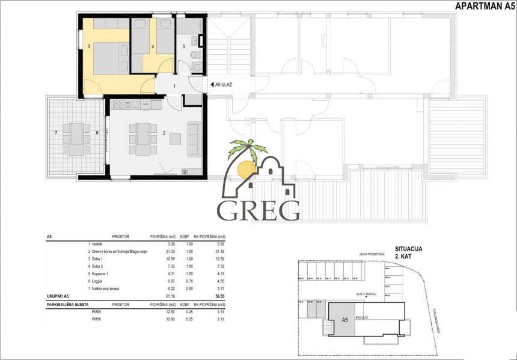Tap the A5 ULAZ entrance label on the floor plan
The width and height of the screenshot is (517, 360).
[x=223, y=85]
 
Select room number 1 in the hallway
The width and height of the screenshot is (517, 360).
[x=174, y=87]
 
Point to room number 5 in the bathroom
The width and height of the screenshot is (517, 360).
[x=185, y=46]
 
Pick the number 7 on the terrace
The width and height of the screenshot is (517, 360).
[x=56, y=132]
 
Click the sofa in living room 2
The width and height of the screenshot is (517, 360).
[x=194, y=139]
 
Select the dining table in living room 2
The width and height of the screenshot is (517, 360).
[x=142, y=138]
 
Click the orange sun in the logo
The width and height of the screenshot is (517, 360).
[x=245, y=169]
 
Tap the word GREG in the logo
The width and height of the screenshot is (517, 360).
[x=258, y=210]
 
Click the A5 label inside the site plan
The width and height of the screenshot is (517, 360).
[x=345, y=320]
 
